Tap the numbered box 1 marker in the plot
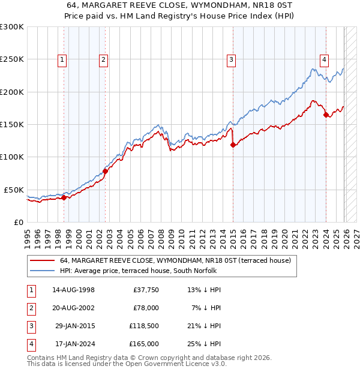click(x=62, y=59)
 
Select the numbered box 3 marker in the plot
click(x=231, y=59)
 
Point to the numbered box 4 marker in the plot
click(x=323, y=59)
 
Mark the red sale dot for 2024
click(x=326, y=115)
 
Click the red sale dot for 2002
click(x=105, y=171)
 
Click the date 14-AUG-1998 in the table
click(x=73, y=290)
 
